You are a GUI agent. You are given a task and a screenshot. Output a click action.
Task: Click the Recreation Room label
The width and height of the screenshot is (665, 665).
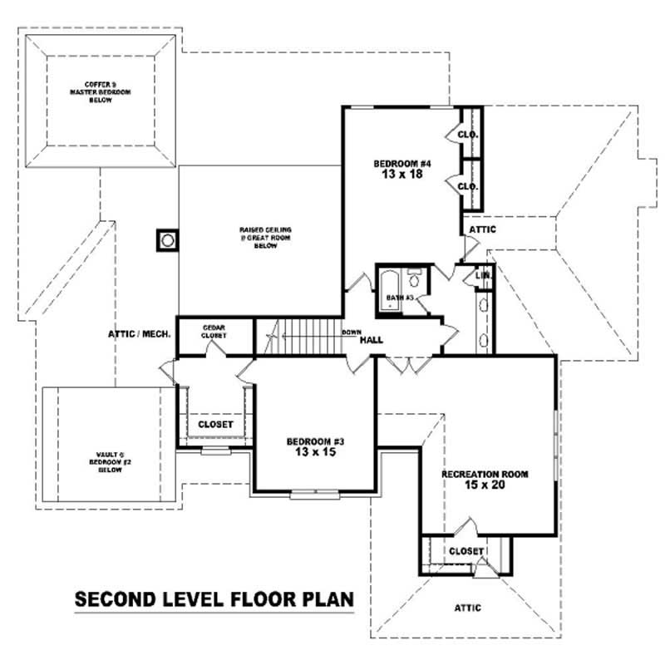click(x=485, y=473)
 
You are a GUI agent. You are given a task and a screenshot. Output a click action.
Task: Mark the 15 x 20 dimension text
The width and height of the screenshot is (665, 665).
click(x=485, y=485)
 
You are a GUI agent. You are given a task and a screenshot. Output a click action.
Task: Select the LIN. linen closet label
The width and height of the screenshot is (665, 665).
click(x=483, y=274)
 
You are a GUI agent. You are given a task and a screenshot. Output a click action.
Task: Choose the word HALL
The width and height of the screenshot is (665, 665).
click(x=372, y=339)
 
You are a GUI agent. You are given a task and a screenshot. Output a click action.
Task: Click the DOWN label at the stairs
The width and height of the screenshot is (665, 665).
click(x=350, y=332)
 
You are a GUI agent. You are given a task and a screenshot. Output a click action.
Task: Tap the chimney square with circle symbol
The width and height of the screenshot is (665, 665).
click(x=167, y=240)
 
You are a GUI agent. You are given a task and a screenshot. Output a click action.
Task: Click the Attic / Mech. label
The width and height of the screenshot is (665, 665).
click(x=140, y=334)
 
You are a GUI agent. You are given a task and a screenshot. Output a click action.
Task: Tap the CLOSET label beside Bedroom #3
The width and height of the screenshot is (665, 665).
click(x=215, y=425)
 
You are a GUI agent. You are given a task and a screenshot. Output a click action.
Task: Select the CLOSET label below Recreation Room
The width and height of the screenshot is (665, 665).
click(x=465, y=551)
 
